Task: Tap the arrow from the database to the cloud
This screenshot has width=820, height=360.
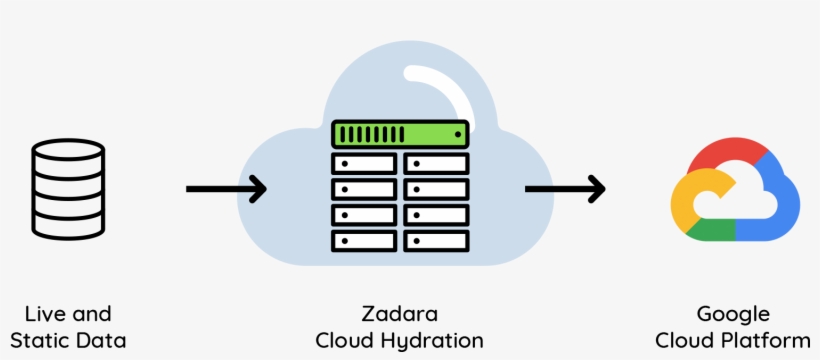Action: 226,188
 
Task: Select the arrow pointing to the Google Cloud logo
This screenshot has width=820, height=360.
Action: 565,188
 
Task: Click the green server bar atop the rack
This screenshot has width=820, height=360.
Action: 400,133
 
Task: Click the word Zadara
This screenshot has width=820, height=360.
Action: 400,314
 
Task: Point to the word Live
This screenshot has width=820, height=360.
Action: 45,314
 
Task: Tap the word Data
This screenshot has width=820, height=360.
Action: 104,340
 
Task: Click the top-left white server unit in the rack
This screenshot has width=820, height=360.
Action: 364,163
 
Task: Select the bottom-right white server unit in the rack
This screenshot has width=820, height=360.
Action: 436,241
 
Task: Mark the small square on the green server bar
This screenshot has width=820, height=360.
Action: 458,133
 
